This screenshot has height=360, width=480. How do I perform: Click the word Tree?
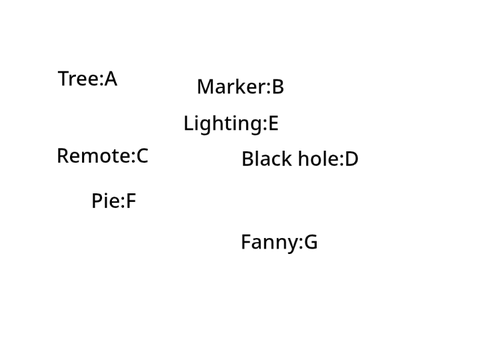coord(79,79)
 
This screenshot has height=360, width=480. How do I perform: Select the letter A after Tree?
coord(111,79)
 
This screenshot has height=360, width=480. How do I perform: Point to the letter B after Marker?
coord(278,87)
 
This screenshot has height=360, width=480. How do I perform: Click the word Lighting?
coord(223,124)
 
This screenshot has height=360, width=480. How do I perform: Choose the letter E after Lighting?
coord(273,123)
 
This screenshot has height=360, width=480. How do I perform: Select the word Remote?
coord(94,156)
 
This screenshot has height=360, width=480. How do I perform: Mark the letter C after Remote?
coord(142,156)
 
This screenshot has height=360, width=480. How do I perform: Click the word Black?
coord(267,158)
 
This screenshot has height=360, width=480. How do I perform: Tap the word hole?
coord(319,158)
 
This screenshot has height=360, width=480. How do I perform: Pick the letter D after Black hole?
coord(351,159)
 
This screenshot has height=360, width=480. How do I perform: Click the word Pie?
coord(105,201)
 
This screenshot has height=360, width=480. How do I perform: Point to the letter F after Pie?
coord(131,201)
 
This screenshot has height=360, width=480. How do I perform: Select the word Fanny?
coord(269,243)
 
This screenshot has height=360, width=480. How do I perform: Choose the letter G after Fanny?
coord(311,242)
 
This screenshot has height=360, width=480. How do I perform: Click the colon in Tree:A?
coord(102,81)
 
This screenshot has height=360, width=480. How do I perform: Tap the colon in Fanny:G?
coord(300,244)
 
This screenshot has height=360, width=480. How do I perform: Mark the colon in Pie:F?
coord(122,203)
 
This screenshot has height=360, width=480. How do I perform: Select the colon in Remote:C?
coord(133,158)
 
